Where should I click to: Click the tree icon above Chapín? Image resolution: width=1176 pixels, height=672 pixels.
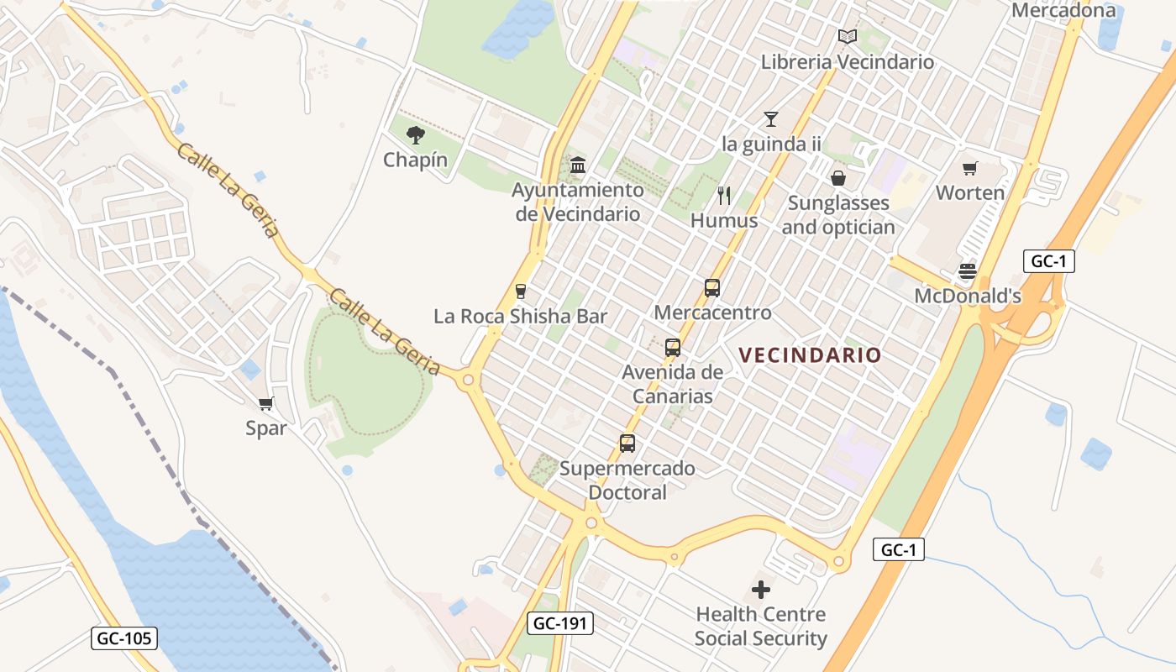click(x=415, y=134)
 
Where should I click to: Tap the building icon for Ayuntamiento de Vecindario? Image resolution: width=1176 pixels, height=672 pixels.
click(x=578, y=165)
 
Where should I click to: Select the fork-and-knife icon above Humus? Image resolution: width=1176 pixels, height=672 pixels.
click(x=724, y=196)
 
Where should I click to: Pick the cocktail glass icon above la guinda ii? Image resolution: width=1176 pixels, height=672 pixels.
click(x=771, y=119)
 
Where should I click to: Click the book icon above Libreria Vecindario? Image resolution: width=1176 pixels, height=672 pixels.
click(x=847, y=37)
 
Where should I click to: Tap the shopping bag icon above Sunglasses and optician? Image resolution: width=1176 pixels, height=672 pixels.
click(x=838, y=178)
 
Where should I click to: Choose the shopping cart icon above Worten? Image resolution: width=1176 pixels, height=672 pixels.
click(x=970, y=168)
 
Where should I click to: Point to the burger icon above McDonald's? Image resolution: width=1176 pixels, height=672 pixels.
click(x=968, y=271)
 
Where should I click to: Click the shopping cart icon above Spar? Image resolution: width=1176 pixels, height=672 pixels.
click(x=266, y=404)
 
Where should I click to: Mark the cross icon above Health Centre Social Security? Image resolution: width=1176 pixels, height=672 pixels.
click(x=761, y=590)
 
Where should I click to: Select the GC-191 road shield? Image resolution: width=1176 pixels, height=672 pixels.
click(x=561, y=623)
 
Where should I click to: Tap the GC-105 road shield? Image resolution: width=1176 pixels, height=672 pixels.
click(x=124, y=638)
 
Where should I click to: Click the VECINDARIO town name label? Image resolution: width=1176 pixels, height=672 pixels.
click(x=811, y=355)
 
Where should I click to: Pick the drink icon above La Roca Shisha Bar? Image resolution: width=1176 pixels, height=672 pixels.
click(x=521, y=291)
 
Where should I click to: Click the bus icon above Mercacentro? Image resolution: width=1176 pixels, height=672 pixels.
click(x=712, y=288)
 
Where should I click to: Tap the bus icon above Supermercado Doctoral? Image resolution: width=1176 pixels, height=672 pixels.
click(x=627, y=444)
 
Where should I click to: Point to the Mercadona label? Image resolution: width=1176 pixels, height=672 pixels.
click(x=1063, y=11)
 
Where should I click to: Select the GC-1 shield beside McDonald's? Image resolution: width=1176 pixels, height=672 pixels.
click(x=1048, y=261)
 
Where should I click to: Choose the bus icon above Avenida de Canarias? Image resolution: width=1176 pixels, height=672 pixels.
click(x=672, y=348)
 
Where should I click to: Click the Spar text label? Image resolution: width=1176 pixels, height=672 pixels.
click(x=266, y=428)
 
